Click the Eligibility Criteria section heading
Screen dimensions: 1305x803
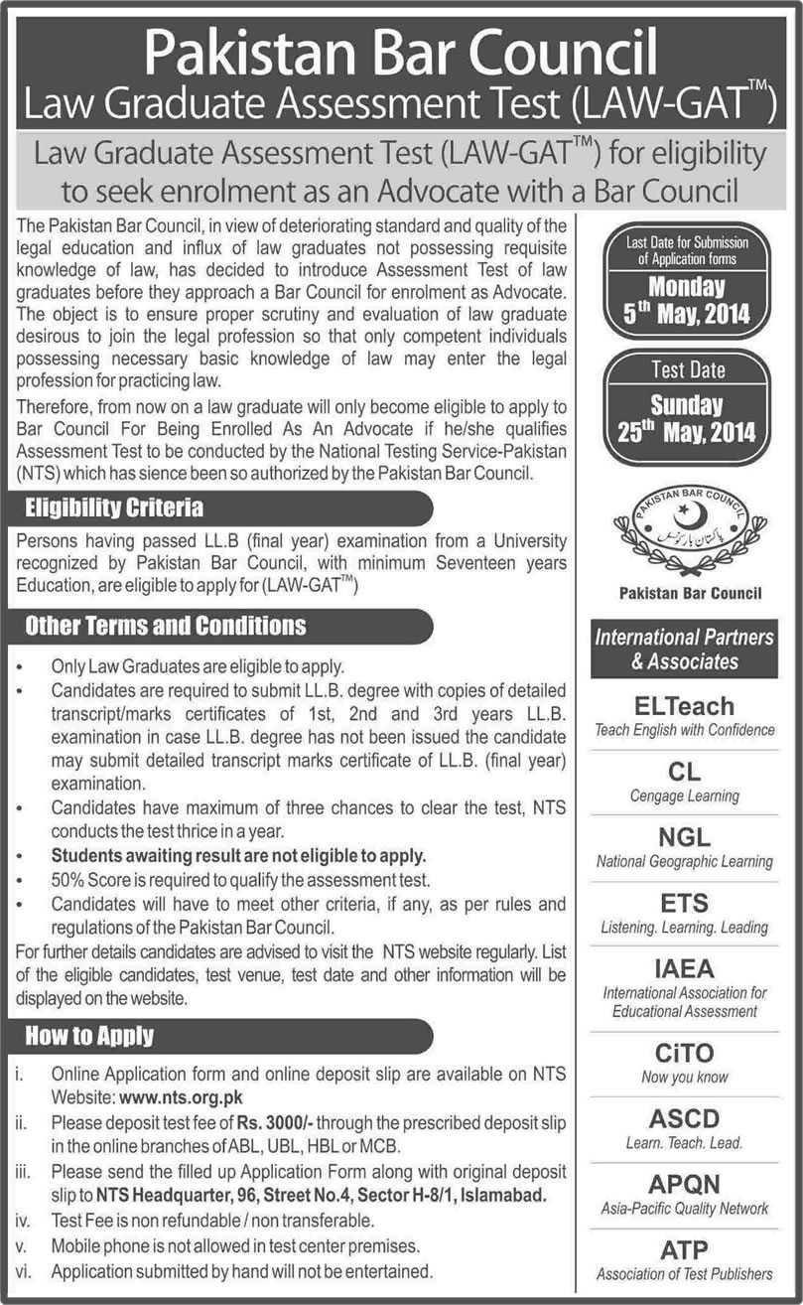pos(114,507)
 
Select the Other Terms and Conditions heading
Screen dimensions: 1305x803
pos(165,626)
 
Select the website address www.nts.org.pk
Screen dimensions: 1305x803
pos(181,1097)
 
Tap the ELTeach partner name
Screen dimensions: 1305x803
pos(684,705)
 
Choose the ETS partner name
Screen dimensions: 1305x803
pos(684,902)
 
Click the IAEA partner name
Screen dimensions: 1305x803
pos(684,967)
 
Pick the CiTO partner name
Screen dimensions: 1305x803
pos(684,1053)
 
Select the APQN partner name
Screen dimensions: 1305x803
pos(684,1184)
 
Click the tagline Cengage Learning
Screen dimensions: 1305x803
pos(684,796)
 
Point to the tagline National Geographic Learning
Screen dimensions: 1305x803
pos(684,861)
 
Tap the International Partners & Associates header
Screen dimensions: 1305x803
pos(684,648)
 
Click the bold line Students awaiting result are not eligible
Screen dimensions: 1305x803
pos(238,853)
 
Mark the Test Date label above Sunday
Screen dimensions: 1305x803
pos(688,370)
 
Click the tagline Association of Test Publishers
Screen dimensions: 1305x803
pos(684,1273)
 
